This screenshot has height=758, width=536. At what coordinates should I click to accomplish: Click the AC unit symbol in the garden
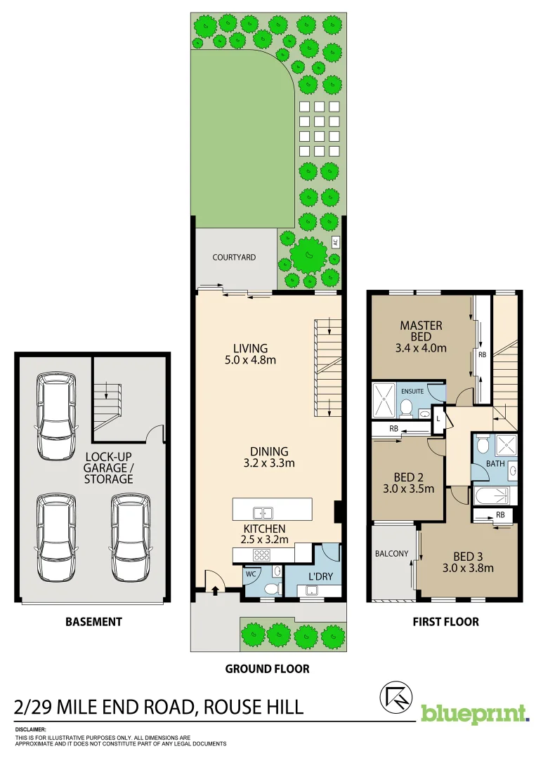pos(335,242)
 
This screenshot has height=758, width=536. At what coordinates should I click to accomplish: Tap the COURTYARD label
pos(234,258)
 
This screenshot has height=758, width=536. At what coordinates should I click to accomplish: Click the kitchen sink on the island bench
pos(263,512)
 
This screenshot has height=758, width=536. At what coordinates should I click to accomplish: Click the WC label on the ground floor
pos(250,573)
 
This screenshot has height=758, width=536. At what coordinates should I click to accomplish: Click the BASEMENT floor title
pos(93,621)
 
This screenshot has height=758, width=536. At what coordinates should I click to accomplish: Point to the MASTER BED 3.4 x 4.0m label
pos(421,336)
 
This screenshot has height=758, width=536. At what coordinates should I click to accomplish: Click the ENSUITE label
pos(412,392)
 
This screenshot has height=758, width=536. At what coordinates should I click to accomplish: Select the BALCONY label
pos(391,554)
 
